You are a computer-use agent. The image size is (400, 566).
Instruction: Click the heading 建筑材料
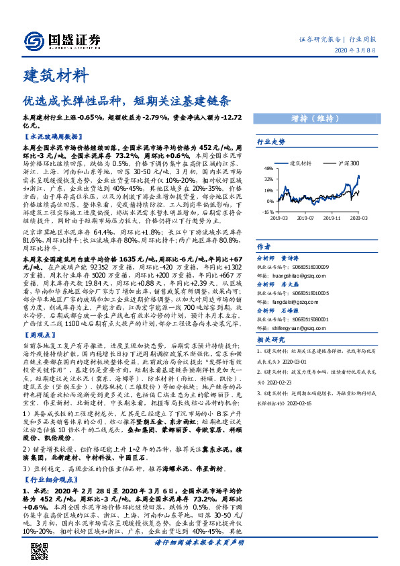(54, 73)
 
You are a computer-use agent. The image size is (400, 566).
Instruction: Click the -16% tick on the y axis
(267, 211)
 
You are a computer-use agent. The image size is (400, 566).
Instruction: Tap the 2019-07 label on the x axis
(306, 218)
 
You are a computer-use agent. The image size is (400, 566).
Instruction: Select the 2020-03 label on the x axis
(357, 218)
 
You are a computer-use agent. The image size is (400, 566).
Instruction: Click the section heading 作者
(264, 246)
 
